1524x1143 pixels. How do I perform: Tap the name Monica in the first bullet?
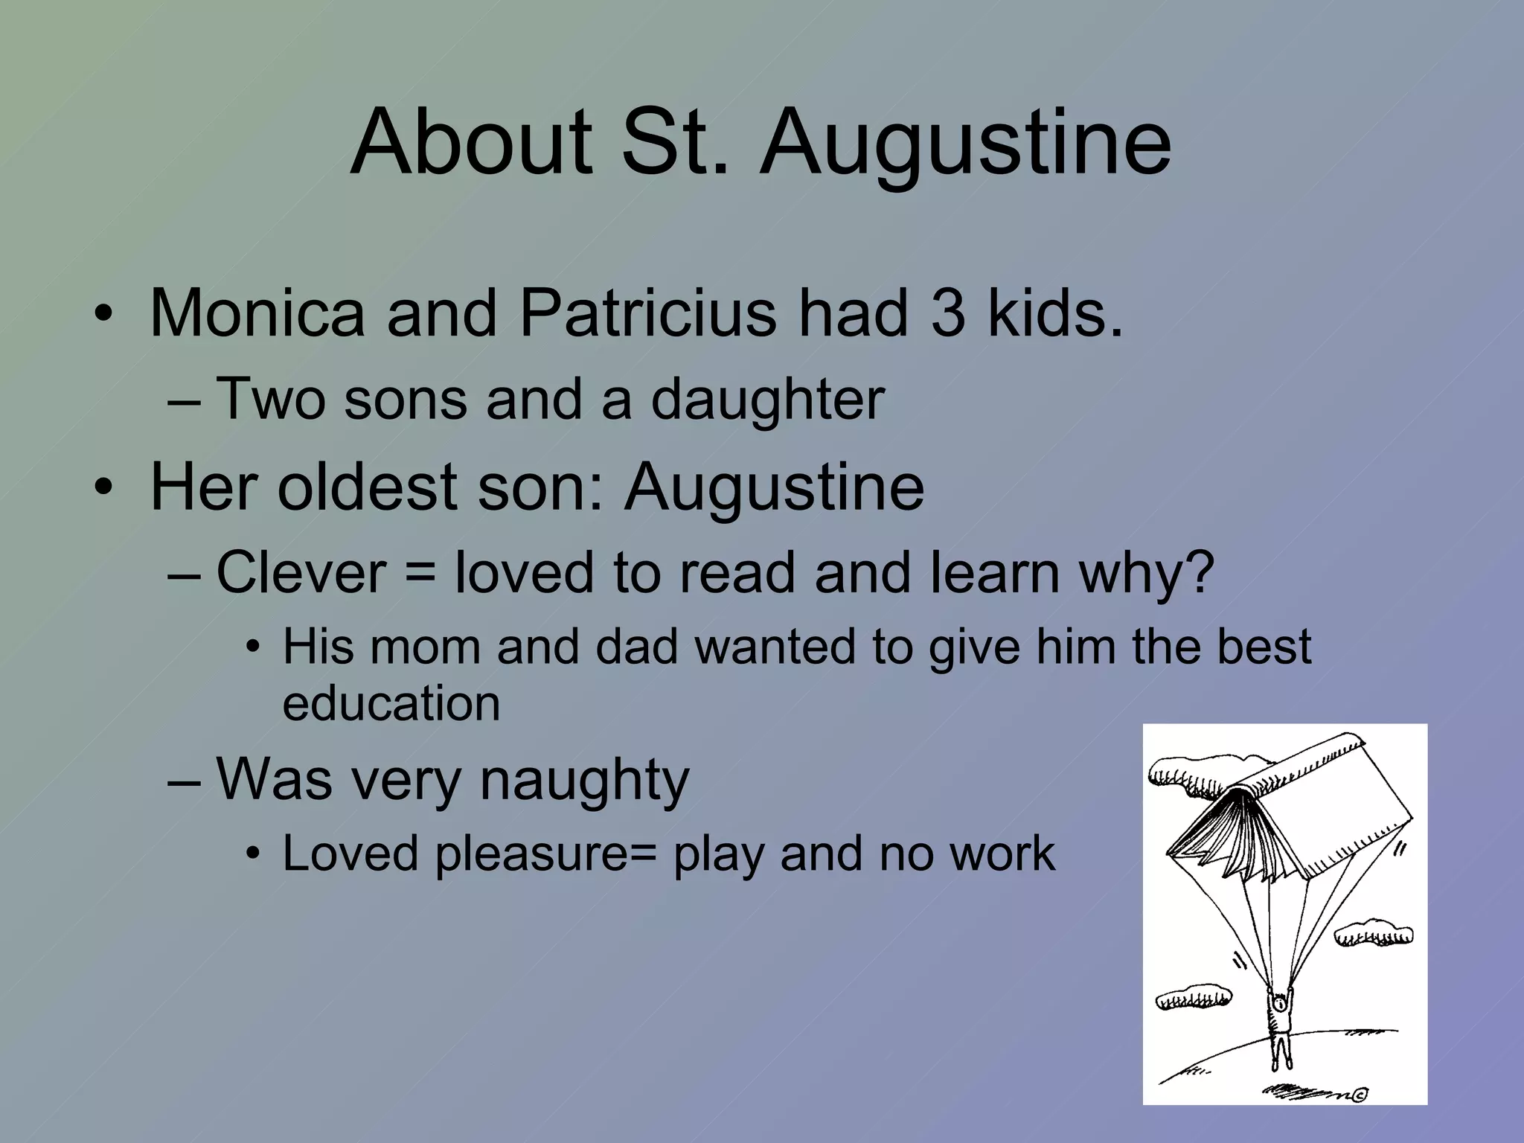pyautogui.click(x=257, y=313)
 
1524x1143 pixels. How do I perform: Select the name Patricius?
pyautogui.click(x=647, y=313)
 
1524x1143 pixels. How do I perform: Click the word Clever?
pyautogui.click(x=301, y=573)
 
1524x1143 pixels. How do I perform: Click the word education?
pyautogui.click(x=391, y=703)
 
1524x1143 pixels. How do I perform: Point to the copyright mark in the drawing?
pyautogui.click(x=1360, y=1094)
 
